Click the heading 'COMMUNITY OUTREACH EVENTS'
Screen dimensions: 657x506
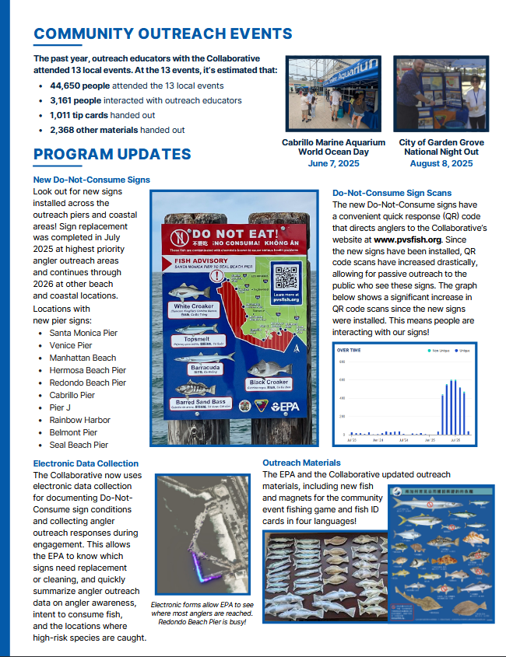point(163,33)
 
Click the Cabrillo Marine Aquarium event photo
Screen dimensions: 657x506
point(334,95)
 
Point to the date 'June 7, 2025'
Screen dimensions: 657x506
point(333,163)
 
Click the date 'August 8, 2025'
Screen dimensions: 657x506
point(441,163)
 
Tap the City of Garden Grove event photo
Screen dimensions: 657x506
point(441,95)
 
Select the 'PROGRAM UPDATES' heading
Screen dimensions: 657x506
point(112,155)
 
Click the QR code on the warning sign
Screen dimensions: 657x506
point(286,278)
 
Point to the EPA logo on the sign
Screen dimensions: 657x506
point(286,406)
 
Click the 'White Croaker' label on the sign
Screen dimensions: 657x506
point(194,307)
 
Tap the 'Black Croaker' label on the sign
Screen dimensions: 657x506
point(269,383)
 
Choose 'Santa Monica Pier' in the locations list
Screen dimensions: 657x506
point(83,333)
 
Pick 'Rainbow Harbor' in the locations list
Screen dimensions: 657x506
point(79,420)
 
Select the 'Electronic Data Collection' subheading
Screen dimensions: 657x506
point(86,463)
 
